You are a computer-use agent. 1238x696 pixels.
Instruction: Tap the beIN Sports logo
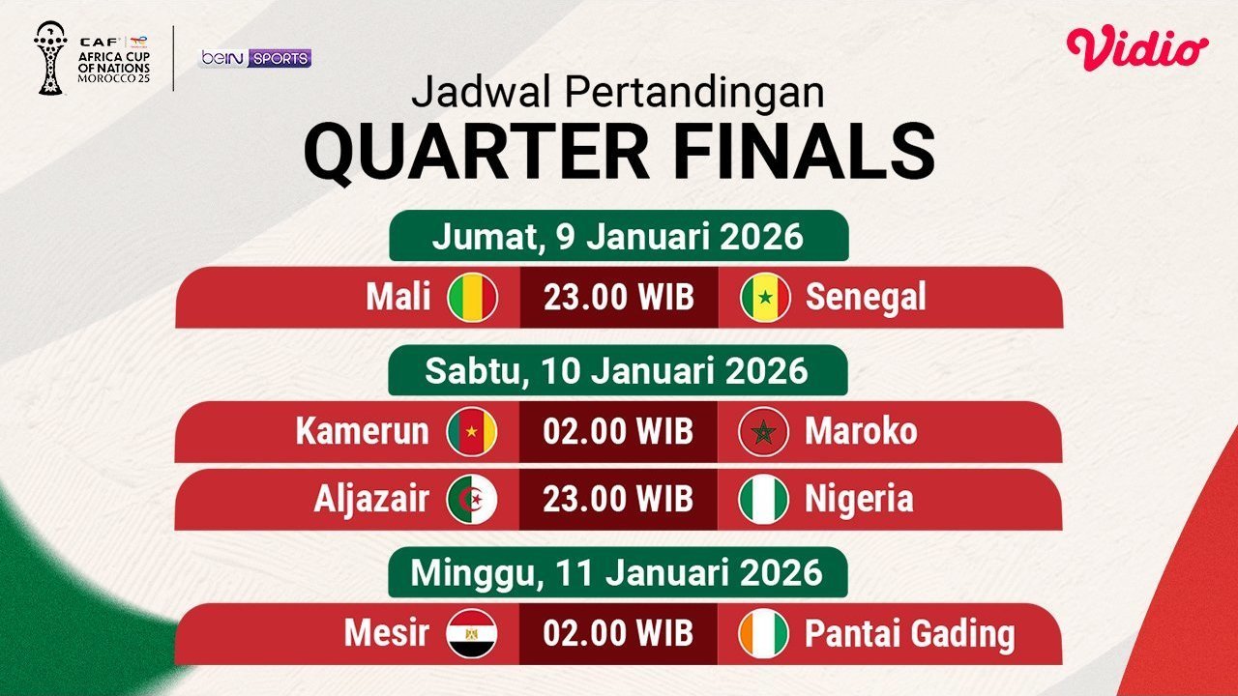pos(255,58)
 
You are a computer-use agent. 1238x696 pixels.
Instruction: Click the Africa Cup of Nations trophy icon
pos(48,58)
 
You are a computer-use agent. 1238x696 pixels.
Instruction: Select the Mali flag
pos(472,297)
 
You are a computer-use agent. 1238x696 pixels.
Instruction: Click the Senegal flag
pos(765,297)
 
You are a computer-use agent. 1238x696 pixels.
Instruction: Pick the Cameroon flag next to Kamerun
pos(472,431)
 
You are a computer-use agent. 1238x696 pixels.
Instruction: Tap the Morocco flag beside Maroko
pos(764,431)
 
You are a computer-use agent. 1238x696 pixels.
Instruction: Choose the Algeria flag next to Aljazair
pos(472,499)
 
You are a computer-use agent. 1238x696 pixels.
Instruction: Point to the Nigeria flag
pos(764,499)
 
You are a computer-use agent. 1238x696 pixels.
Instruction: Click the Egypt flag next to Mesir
pos(472,633)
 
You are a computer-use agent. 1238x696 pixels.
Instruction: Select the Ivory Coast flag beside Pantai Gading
pos(764,633)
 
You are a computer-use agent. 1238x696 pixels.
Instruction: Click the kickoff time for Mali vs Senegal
pos(619,297)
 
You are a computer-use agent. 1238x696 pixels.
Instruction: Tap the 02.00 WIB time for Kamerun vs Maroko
pos(619,431)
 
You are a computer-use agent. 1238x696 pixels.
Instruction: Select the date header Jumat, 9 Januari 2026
pos(618,236)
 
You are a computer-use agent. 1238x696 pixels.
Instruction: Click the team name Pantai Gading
pos(910,634)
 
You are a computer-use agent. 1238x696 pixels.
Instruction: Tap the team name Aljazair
pos(371,499)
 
